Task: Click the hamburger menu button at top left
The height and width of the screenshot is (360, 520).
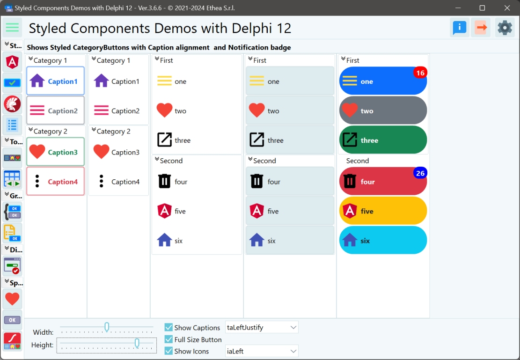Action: (12, 28)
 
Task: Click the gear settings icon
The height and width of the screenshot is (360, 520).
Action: (505, 28)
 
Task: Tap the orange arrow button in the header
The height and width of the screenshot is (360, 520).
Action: (481, 28)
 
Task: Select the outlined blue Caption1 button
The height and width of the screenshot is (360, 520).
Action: (55, 81)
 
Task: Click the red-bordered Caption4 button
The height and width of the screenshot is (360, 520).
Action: (55, 182)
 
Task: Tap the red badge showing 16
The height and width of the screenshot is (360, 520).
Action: (420, 73)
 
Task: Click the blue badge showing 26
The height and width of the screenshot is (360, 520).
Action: (420, 174)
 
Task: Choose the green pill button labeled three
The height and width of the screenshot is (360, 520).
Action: (383, 140)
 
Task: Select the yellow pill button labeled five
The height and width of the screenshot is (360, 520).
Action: (383, 211)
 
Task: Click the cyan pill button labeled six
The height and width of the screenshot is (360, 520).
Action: (383, 241)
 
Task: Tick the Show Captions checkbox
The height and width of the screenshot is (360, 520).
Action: (169, 328)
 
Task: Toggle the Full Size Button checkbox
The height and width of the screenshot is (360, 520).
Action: (169, 339)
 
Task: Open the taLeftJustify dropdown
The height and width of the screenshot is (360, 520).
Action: (293, 327)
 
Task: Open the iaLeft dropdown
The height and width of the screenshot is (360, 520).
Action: (293, 351)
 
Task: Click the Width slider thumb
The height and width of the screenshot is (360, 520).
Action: (107, 327)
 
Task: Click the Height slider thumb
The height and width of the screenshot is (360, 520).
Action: (137, 344)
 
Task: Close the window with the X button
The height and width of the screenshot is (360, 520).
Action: (507, 8)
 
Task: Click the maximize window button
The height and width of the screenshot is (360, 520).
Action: (482, 8)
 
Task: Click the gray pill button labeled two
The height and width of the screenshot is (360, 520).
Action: (383, 111)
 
